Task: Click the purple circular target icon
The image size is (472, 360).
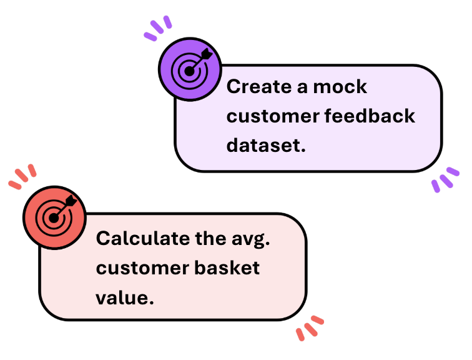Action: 189,69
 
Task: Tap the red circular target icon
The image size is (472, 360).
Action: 54,216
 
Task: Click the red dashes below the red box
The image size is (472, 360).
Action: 310,327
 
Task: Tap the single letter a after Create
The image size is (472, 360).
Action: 302,87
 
